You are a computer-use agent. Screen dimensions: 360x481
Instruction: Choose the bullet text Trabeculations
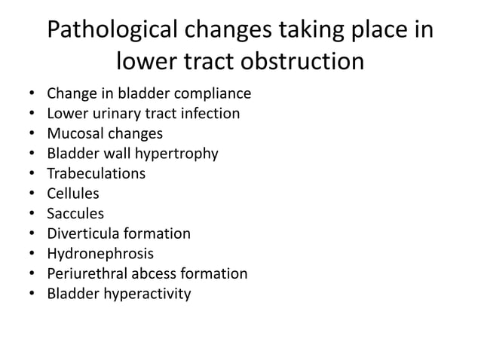coord(97,174)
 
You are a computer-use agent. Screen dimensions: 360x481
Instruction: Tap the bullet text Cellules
coord(73,194)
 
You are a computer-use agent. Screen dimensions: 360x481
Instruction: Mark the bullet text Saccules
coord(75,214)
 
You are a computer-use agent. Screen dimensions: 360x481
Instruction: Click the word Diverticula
coord(85,233)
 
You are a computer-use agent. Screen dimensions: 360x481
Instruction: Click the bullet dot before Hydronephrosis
coord(29,254)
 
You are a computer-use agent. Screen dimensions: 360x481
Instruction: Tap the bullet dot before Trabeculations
coord(29,174)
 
